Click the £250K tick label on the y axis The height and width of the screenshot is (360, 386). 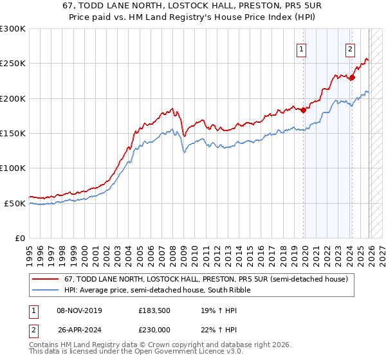[13, 64]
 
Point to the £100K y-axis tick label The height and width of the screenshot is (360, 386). [13, 168]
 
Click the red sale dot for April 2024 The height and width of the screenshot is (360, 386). [352, 78]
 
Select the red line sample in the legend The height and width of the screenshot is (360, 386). [45, 280]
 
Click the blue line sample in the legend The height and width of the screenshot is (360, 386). [45, 291]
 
